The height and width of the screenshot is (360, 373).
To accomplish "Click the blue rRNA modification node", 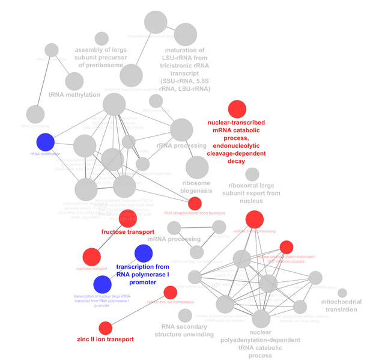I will pos(46,142).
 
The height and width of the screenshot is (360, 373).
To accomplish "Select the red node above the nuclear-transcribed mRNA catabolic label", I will pos(237,109).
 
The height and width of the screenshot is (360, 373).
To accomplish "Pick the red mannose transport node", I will pos(91,257).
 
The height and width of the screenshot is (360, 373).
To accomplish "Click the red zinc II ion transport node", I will pos(105,328).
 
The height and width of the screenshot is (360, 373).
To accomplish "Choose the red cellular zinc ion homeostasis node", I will pos(170,292).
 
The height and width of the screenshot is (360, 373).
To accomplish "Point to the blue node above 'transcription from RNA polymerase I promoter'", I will pos(144,253).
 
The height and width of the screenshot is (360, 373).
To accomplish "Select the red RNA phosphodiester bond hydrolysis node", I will pos(195,203).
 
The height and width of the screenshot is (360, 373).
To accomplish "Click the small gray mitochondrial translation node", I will pos(342,293).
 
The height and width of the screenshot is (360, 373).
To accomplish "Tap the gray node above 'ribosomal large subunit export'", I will pos(252,174).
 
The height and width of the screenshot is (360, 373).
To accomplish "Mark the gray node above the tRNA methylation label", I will pos(74,80).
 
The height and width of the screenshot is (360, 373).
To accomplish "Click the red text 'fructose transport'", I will pos(128,232).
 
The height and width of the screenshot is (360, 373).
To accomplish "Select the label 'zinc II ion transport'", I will pos(105,340).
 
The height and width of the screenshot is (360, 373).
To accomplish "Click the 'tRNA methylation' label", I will pos(74,95).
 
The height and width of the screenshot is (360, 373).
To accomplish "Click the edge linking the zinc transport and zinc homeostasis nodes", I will pos(138,310).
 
